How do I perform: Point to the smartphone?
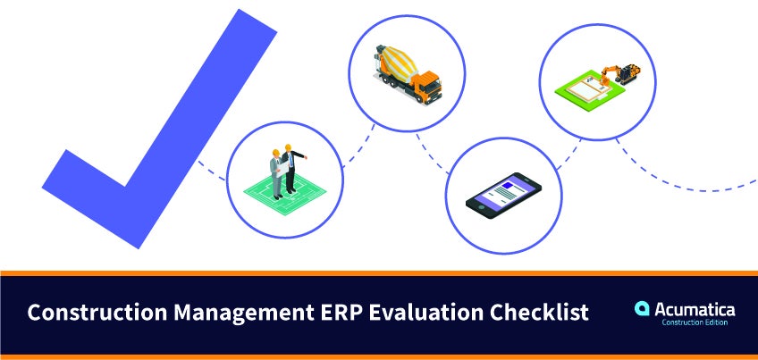tap(504, 196)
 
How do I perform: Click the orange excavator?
tap(621, 75)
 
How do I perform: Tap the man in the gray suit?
tap(277, 174)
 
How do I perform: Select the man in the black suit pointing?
tap(292, 168)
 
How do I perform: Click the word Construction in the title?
tap(97, 313)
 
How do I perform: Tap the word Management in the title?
tap(242, 314)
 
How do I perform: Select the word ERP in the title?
tap(341, 313)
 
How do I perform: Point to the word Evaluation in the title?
tap(425, 313)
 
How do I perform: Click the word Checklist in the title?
tap(539, 313)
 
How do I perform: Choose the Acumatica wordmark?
tap(695, 309)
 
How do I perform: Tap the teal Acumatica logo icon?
tap(642, 309)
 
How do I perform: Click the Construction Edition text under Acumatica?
tap(695, 322)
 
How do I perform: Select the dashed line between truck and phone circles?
tap(433, 154)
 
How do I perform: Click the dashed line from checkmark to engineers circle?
tap(212, 171)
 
